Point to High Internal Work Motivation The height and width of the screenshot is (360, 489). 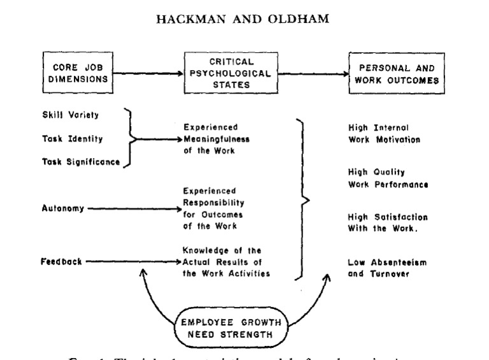tap(384, 133)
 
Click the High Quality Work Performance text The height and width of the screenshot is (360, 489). tap(388, 178)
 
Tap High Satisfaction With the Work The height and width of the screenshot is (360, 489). tap(388, 222)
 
